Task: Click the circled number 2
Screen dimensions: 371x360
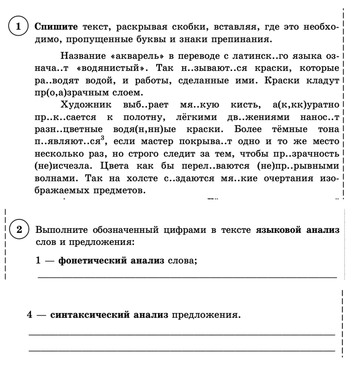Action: tap(18, 230)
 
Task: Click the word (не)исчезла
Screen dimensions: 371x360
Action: tap(58, 166)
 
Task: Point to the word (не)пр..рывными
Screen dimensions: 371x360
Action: tap(293, 166)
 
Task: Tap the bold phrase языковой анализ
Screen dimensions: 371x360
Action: tap(297, 230)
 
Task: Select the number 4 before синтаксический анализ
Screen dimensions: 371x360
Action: tap(31, 314)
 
